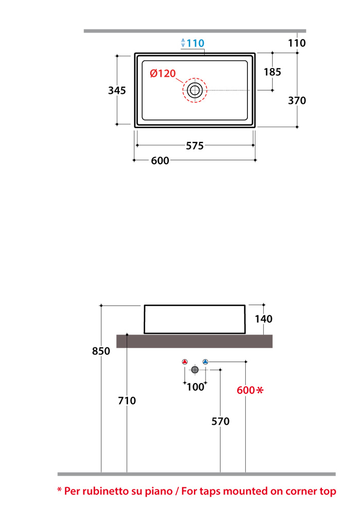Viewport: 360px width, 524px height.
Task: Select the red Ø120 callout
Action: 163,73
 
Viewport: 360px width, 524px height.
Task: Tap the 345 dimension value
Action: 117,90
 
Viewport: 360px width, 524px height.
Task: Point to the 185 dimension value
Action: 272,72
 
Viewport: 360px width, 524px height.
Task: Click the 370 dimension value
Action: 297,100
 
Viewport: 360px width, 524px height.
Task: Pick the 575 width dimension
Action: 195,146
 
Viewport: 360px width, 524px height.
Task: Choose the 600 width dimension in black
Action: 160,161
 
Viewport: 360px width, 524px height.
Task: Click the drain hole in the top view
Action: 195,90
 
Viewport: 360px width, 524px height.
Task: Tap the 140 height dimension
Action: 263,319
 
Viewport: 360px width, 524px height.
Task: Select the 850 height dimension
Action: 101,351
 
